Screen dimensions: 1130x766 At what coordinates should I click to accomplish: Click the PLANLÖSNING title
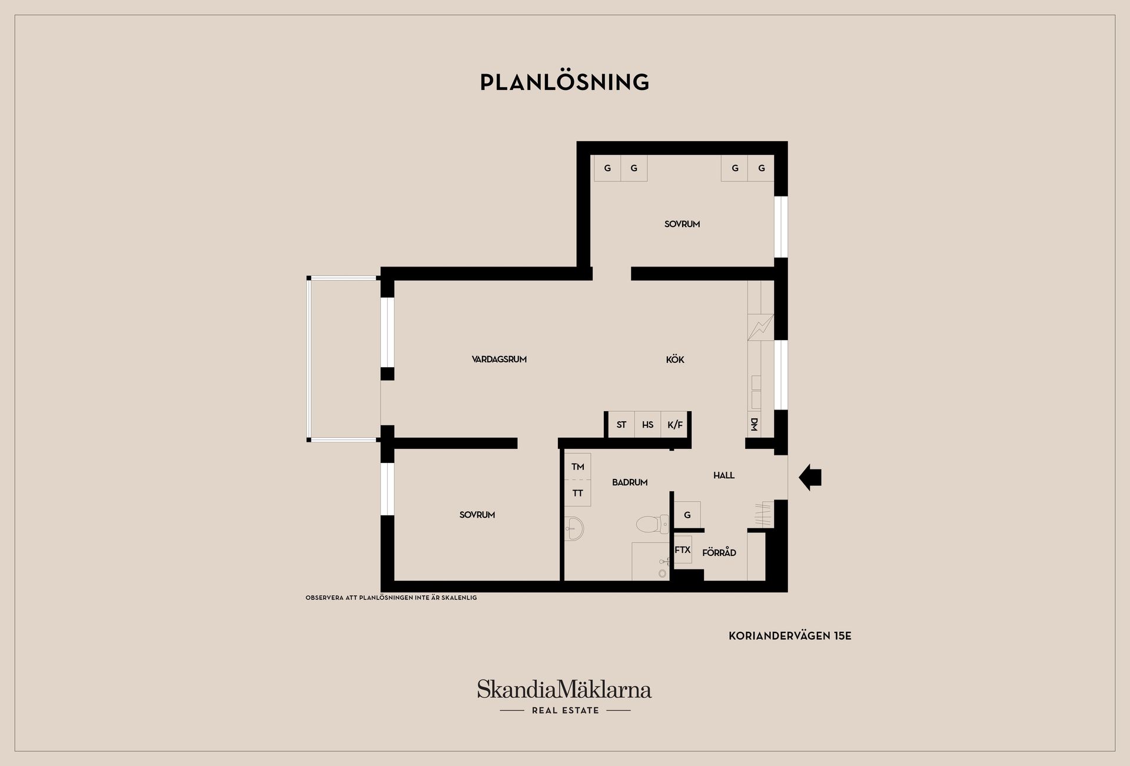[x=564, y=82]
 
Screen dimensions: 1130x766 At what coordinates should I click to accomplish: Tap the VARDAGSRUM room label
[x=499, y=359]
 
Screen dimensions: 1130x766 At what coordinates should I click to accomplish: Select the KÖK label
[x=675, y=359]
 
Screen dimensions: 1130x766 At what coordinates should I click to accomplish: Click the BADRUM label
[x=630, y=482]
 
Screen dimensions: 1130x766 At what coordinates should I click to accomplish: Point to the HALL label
[x=724, y=475]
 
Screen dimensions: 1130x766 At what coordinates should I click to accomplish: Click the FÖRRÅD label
[x=719, y=552]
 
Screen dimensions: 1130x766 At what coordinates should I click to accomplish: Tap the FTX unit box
[x=683, y=550]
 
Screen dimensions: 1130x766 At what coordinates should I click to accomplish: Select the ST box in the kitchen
[x=621, y=425]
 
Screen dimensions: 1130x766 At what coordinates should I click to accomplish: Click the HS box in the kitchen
[x=647, y=425]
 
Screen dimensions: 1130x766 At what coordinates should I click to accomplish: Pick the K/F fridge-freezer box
[x=674, y=425]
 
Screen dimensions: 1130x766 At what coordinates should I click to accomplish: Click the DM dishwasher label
[x=754, y=424]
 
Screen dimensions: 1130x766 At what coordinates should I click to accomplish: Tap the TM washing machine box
[x=577, y=467]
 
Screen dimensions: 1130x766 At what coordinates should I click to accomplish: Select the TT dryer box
[x=577, y=493]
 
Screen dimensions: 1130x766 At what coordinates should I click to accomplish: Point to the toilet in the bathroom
[x=653, y=523]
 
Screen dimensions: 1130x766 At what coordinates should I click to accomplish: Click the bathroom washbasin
[x=574, y=528]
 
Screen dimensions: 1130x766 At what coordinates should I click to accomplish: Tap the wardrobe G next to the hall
[x=687, y=515]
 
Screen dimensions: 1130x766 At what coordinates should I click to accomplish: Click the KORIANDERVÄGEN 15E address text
[x=790, y=636]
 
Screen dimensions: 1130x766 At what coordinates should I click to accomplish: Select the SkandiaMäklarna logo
[x=564, y=697]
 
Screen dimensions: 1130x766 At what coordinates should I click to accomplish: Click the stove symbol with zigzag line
[x=760, y=327]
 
